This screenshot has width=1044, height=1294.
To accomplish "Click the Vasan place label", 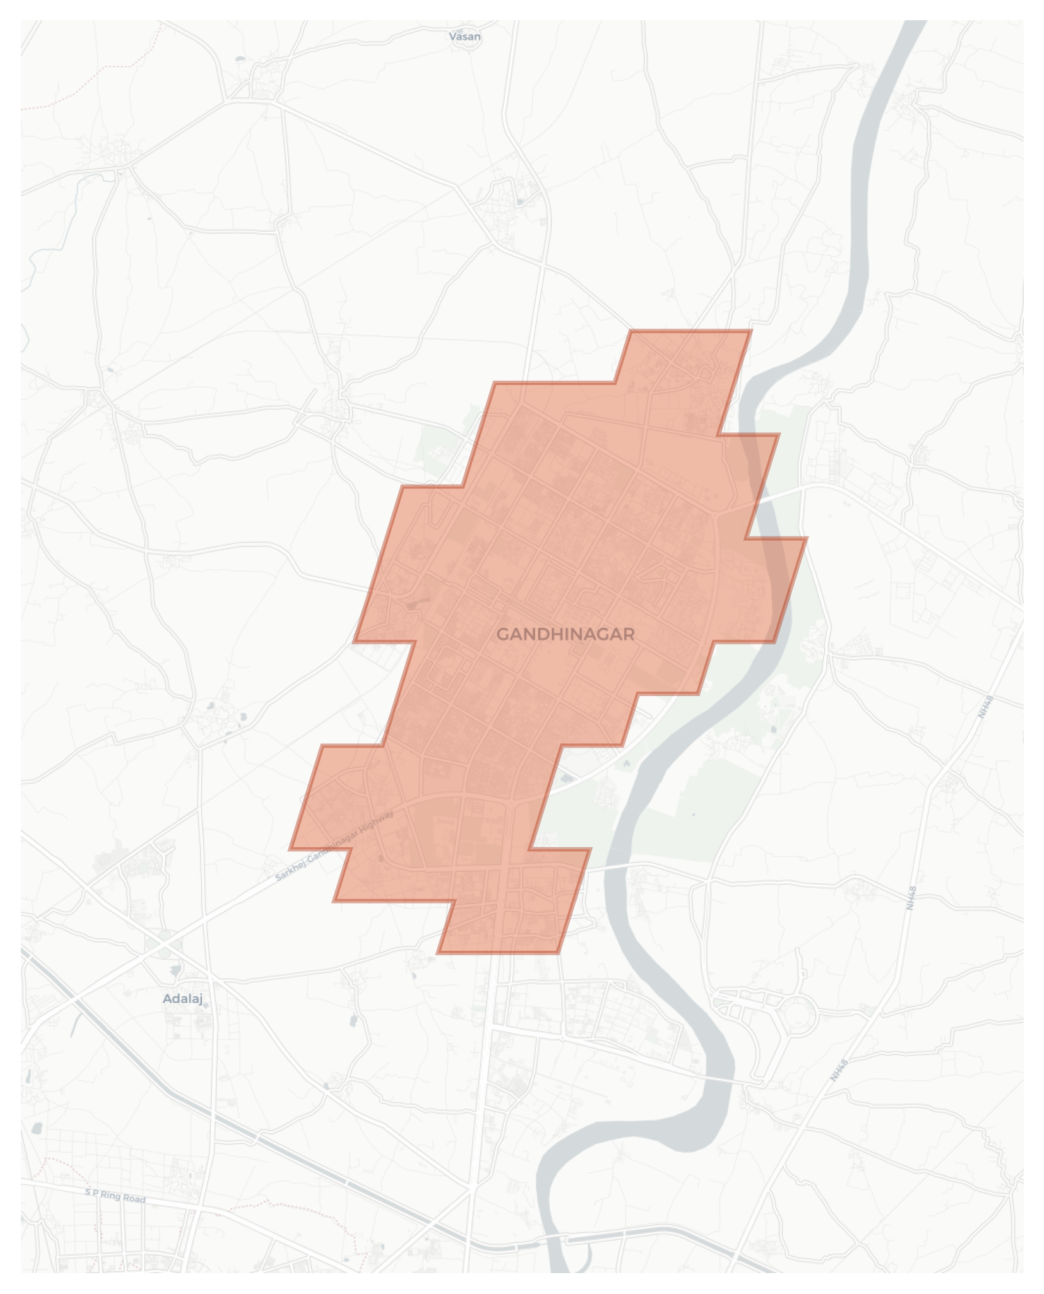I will tap(464, 37).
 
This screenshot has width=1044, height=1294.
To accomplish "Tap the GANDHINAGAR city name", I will tap(565, 634).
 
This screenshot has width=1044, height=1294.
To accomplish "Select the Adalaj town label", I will tap(182, 998).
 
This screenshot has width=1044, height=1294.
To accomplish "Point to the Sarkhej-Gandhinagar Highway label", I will tap(335, 845).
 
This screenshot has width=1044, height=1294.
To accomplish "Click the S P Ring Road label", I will tap(115, 1196).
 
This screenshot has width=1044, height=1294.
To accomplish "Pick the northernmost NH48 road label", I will tap(985, 707).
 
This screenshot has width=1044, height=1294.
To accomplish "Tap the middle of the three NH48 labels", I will tap(911, 897).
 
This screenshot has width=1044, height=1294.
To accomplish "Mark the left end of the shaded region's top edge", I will tap(631, 331).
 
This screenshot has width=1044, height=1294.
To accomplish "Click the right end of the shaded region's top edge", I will tap(750, 331).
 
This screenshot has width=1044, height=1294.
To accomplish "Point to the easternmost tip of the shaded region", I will tap(806, 538).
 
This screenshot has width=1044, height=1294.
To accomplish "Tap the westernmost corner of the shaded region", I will tap(290, 849).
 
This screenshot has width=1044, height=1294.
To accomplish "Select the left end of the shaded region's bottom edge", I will tap(438, 952).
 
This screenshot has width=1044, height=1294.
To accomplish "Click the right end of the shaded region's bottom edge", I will tap(557, 952).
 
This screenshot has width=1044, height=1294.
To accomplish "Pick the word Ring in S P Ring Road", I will tap(111, 1195).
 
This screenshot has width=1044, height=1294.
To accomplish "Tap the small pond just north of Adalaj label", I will tap(175, 968).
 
